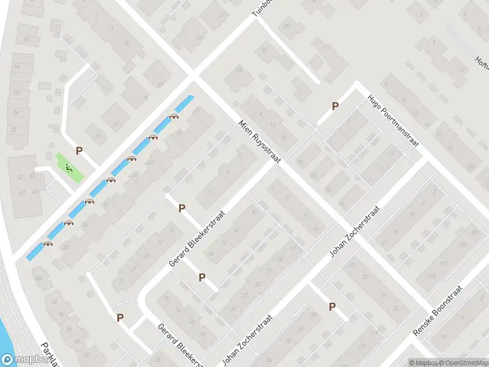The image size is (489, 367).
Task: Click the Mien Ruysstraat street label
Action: pyautogui.click(x=260, y=141)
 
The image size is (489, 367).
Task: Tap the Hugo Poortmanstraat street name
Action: pyautogui.click(x=392, y=120)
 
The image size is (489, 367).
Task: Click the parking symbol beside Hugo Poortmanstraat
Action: pyautogui.click(x=335, y=106)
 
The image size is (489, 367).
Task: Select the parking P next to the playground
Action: pyautogui.click(x=78, y=150)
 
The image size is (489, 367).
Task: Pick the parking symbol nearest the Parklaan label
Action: pyautogui.click(x=120, y=317)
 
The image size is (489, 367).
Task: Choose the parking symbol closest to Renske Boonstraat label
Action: pyautogui.click(x=333, y=307)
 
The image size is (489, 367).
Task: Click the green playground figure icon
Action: pyautogui.click(x=69, y=167)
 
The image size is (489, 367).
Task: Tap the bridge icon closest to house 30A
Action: pyautogui.click(x=48, y=243)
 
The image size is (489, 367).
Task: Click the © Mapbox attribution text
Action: pyautogui.click(x=424, y=362)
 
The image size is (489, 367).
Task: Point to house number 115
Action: pyautogui.click(x=431, y=276)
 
